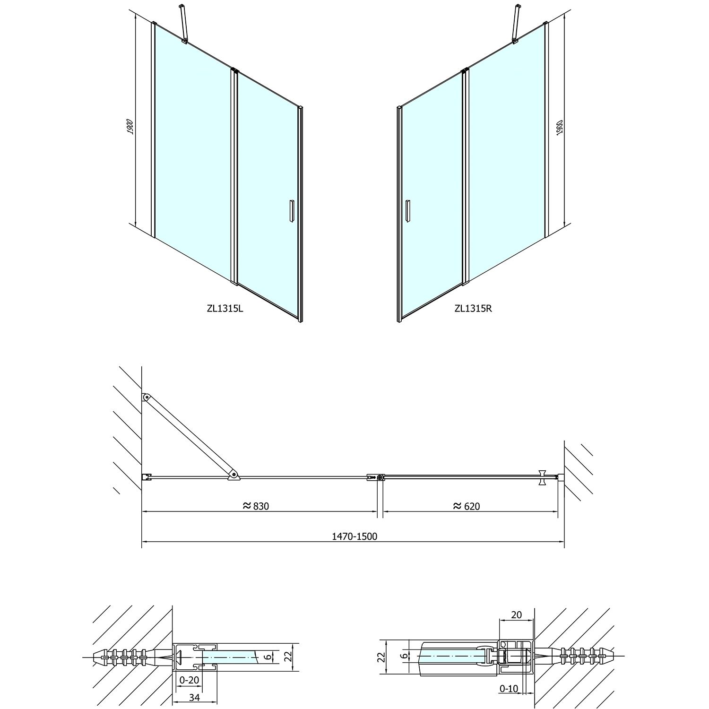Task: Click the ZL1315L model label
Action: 225,309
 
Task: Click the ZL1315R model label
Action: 473,309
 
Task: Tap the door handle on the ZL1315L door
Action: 291,210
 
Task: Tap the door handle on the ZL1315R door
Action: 407,210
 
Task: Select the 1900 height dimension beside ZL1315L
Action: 130,127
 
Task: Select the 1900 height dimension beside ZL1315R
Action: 560,128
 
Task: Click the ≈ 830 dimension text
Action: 256,506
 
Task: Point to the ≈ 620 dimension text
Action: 467,506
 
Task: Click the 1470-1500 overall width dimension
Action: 354,536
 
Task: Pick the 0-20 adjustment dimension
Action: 190,680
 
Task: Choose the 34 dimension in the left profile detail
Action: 194,697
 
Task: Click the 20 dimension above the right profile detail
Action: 517,614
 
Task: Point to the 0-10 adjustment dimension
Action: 509,689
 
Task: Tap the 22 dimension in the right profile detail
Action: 382,657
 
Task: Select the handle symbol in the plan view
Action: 542,477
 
